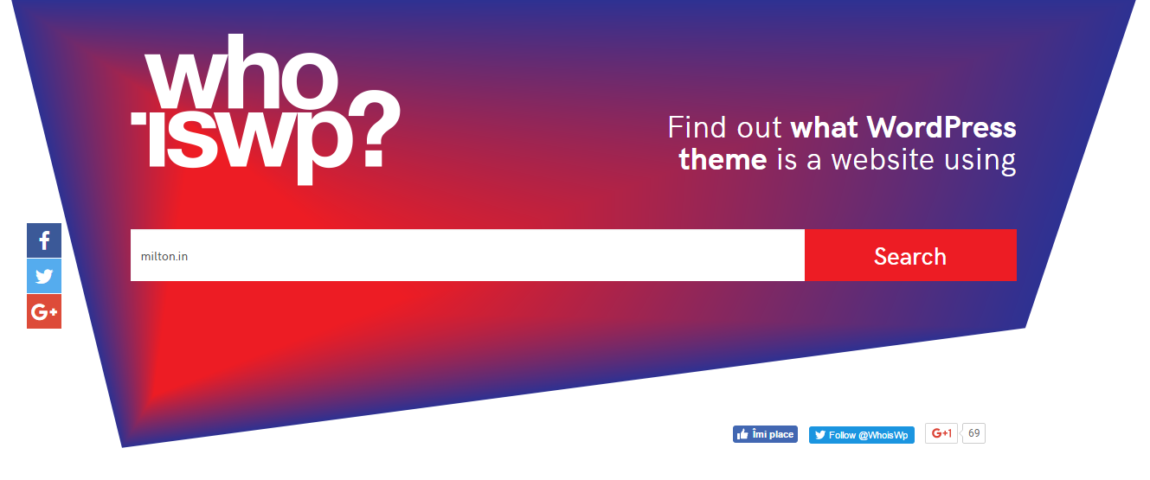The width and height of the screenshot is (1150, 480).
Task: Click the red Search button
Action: click(x=910, y=255)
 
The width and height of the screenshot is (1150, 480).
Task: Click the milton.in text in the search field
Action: click(x=164, y=256)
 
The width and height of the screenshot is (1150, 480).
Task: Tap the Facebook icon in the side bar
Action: click(x=44, y=240)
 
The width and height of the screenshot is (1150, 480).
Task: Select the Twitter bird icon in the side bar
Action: click(x=44, y=276)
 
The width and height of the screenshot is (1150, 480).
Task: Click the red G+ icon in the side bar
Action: click(x=44, y=311)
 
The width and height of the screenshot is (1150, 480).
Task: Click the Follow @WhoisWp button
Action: click(x=862, y=435)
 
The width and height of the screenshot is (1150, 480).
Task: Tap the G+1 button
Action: click(x=941, y=433)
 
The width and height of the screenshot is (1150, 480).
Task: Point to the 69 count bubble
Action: click(x=973, y=433)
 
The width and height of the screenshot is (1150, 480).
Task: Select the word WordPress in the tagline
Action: click(x=941, y=127)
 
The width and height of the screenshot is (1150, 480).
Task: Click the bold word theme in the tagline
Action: click(x=723, y=160)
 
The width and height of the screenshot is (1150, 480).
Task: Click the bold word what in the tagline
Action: click(x=824, y=127)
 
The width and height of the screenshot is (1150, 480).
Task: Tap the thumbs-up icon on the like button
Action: click(x=742, y=435)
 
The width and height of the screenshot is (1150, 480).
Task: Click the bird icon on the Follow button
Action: click(x=820, y=435)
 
